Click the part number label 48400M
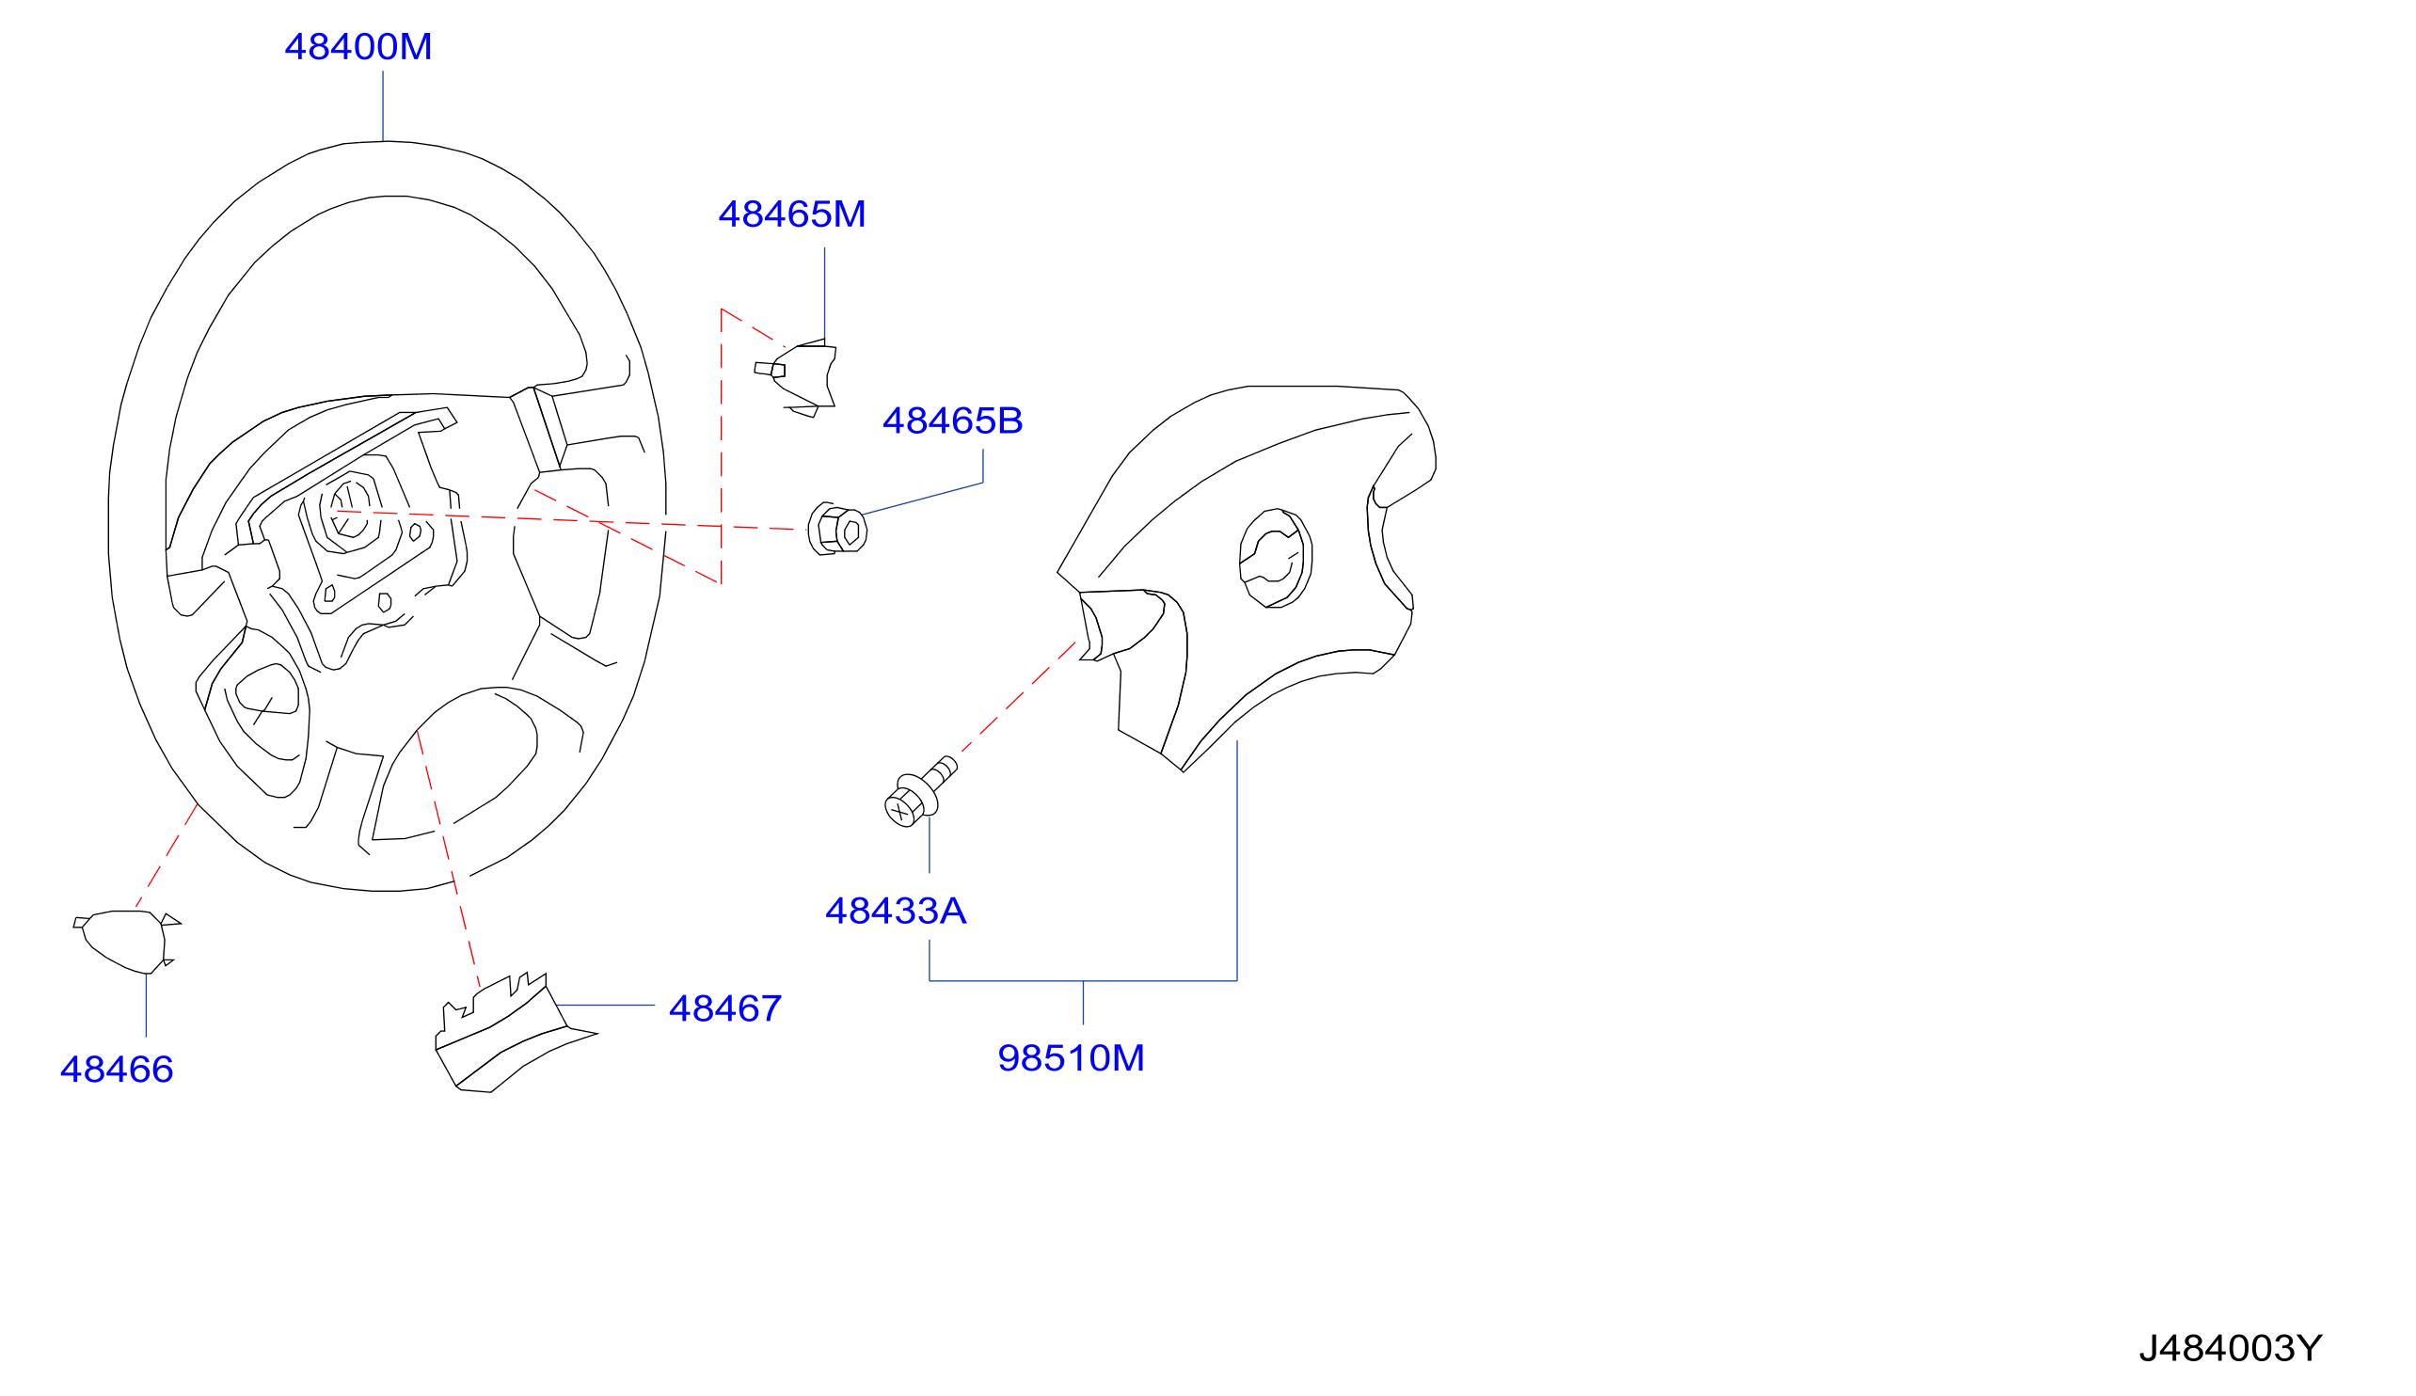coord(358,47)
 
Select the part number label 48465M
coord(792,214)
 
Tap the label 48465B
coord(953,420)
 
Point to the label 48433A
coord(896,911)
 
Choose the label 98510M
coord(1071,1058)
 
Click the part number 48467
coord(724,1008)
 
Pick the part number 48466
coord(117,1070)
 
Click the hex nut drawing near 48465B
coord(837,529)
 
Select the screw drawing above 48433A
coord(920,792)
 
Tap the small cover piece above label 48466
coord(127,943)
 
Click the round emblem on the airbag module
coord(1276,558)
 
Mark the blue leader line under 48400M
coord(384,105)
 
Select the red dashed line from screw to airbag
coord(1018,697)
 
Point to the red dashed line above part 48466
coord(167,855)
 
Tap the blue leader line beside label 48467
coord(605,1006)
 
